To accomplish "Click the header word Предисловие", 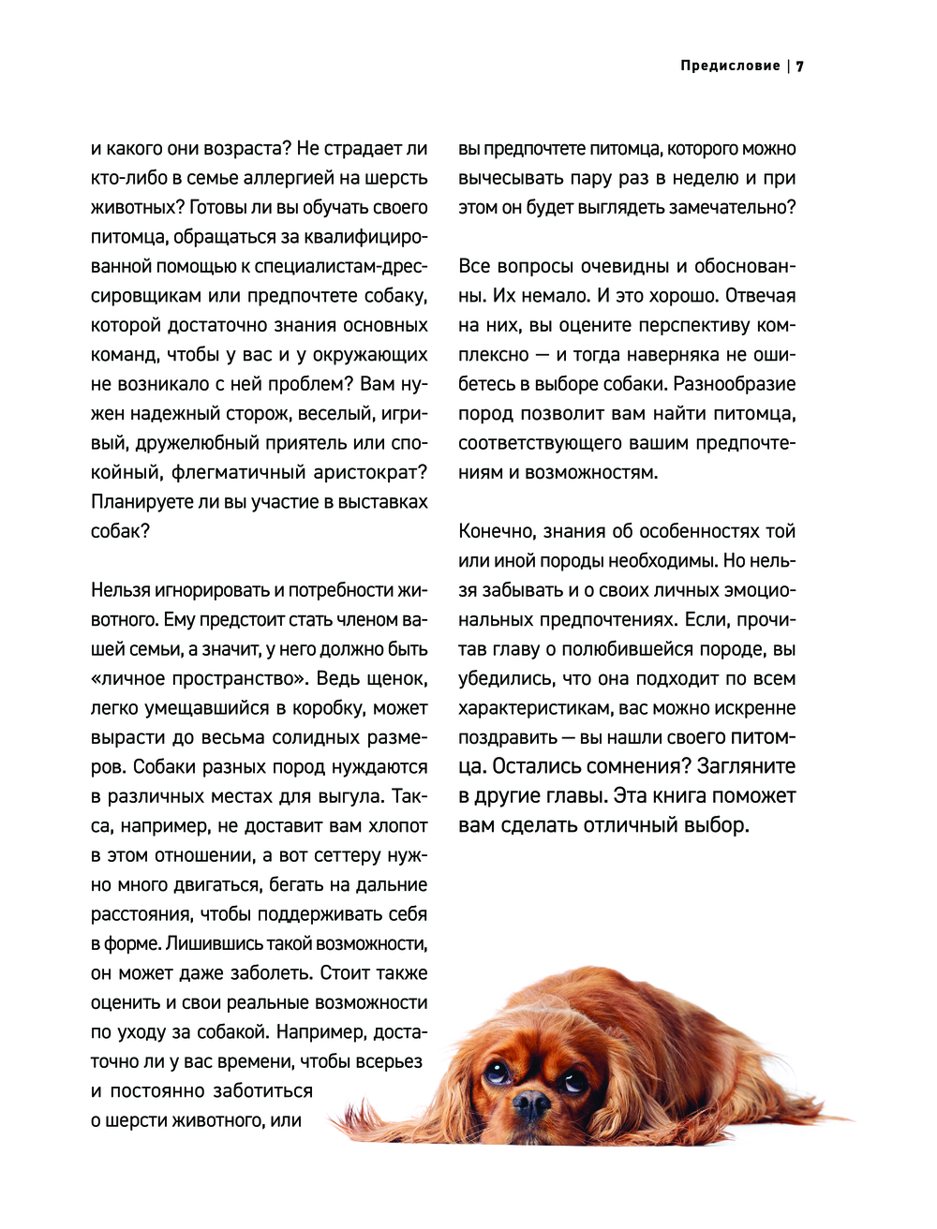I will [730, 66].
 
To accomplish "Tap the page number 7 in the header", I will [801, 66].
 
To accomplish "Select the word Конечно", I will [497, 531].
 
